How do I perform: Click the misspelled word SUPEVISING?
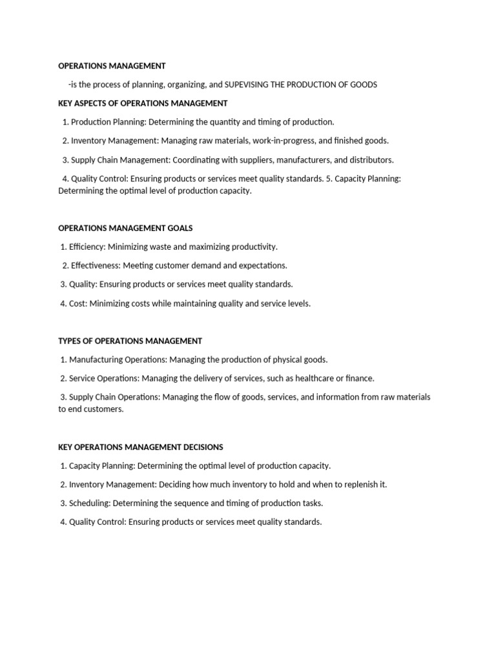coord(247,85)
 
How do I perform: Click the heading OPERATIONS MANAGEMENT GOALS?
coord(125,228)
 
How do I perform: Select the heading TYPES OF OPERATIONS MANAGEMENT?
coord(130,341)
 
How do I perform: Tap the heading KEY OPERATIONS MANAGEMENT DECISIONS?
coord(141,447)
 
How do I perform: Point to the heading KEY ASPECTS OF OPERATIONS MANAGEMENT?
coord(143,103)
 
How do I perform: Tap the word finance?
coord(359,378)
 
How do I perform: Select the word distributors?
coord(369,159)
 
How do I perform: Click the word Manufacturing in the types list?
coord(98,360)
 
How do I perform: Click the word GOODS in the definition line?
coord(363,85)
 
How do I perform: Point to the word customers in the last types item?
coord(103,409)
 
